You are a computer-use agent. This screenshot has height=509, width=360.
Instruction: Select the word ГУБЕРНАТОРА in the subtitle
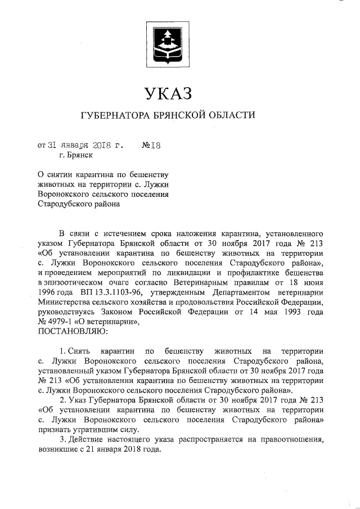(116, 116)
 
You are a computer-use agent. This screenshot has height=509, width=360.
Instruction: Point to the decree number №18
(152, 145)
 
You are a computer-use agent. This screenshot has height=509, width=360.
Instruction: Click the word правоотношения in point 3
(289, 440)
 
